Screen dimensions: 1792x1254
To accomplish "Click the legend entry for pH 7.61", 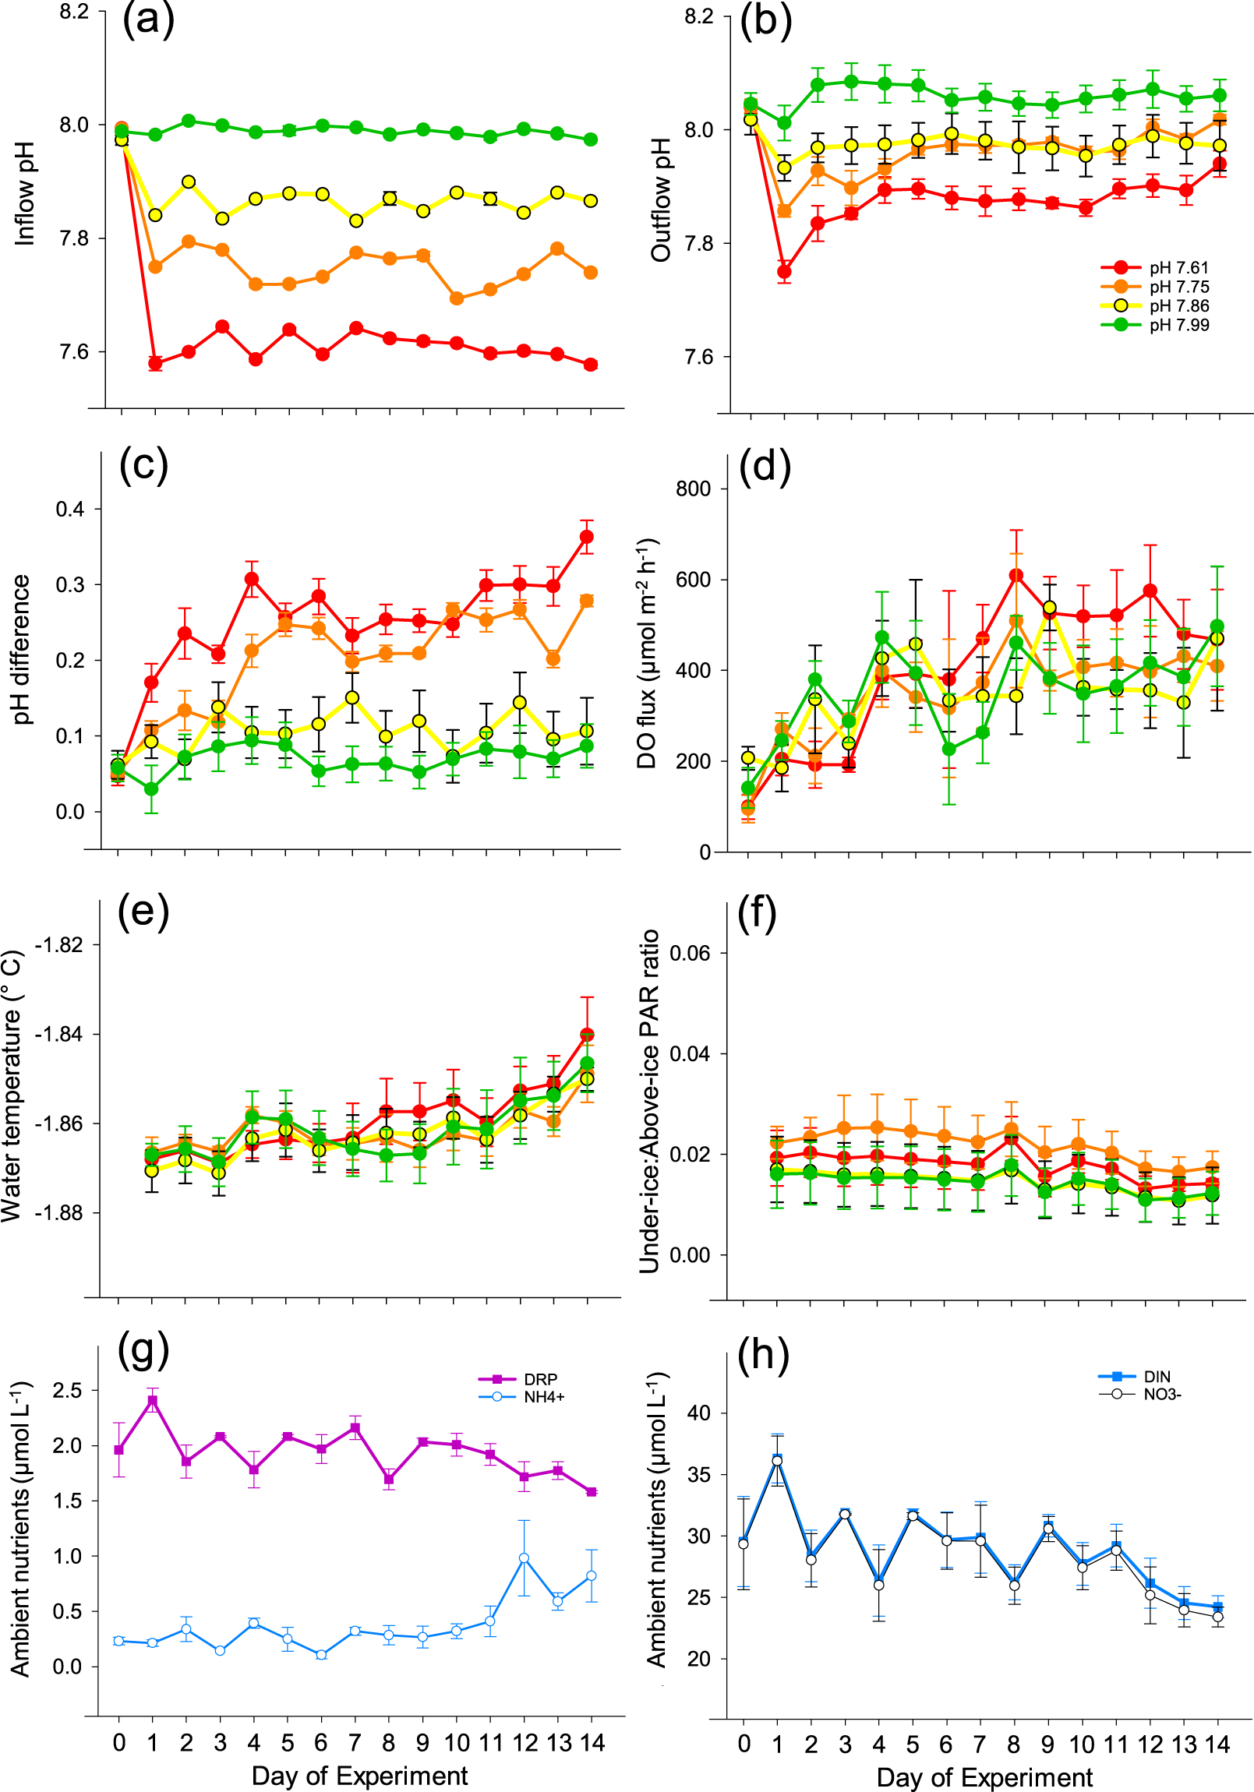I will (1178, 268).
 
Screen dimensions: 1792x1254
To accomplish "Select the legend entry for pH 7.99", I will (1178, 325).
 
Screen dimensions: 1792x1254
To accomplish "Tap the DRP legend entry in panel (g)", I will (539, 1379).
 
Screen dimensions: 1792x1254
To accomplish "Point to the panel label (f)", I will (758, 914).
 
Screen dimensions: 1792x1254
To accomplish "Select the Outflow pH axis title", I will (661, 199).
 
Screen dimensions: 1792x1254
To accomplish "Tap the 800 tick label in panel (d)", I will (694, 489).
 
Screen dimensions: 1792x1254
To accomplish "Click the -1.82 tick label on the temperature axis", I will (58, 944).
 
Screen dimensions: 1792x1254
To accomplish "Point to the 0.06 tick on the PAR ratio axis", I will (691, 953).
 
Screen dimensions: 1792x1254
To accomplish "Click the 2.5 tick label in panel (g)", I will (67, 1390).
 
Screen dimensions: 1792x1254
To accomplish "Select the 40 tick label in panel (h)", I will (699, 1413).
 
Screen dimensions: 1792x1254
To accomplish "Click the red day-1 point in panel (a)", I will (154, 363).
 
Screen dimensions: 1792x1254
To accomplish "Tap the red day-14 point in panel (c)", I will (586, 536).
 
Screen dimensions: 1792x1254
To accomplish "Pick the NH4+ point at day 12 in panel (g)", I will (524, 1557).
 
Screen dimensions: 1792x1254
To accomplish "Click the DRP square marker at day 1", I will (153, 1400).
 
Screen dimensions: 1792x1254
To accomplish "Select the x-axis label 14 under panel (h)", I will (1217, 1744).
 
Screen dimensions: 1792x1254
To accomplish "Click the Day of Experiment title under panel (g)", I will (359, 1776).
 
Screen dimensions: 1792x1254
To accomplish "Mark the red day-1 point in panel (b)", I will (784, 272).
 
